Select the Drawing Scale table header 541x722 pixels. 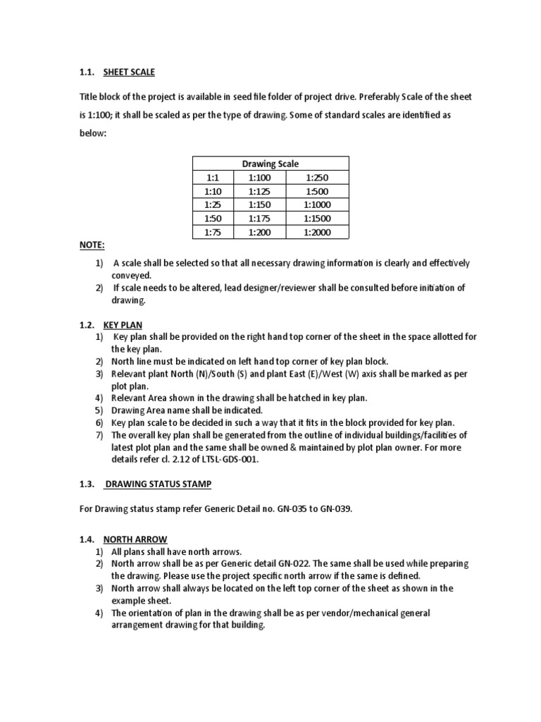270,164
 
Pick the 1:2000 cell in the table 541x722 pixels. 316,232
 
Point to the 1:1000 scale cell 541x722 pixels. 316,204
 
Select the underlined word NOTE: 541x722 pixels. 91,245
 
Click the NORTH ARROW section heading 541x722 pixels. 134,539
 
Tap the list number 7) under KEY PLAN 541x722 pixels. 99,435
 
